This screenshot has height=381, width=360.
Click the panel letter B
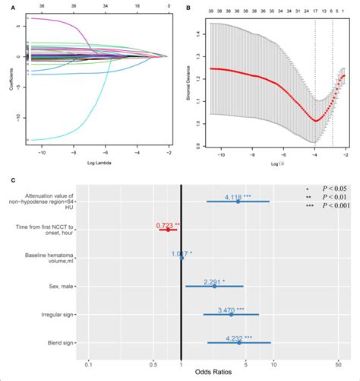tap(187, 8)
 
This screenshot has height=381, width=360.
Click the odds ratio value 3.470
tap(232, 311)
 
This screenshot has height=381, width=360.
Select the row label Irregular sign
tap(56, 316)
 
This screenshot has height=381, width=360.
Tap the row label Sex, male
tap(59, 287)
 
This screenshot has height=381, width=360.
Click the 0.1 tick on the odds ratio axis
tap(89, 363)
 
